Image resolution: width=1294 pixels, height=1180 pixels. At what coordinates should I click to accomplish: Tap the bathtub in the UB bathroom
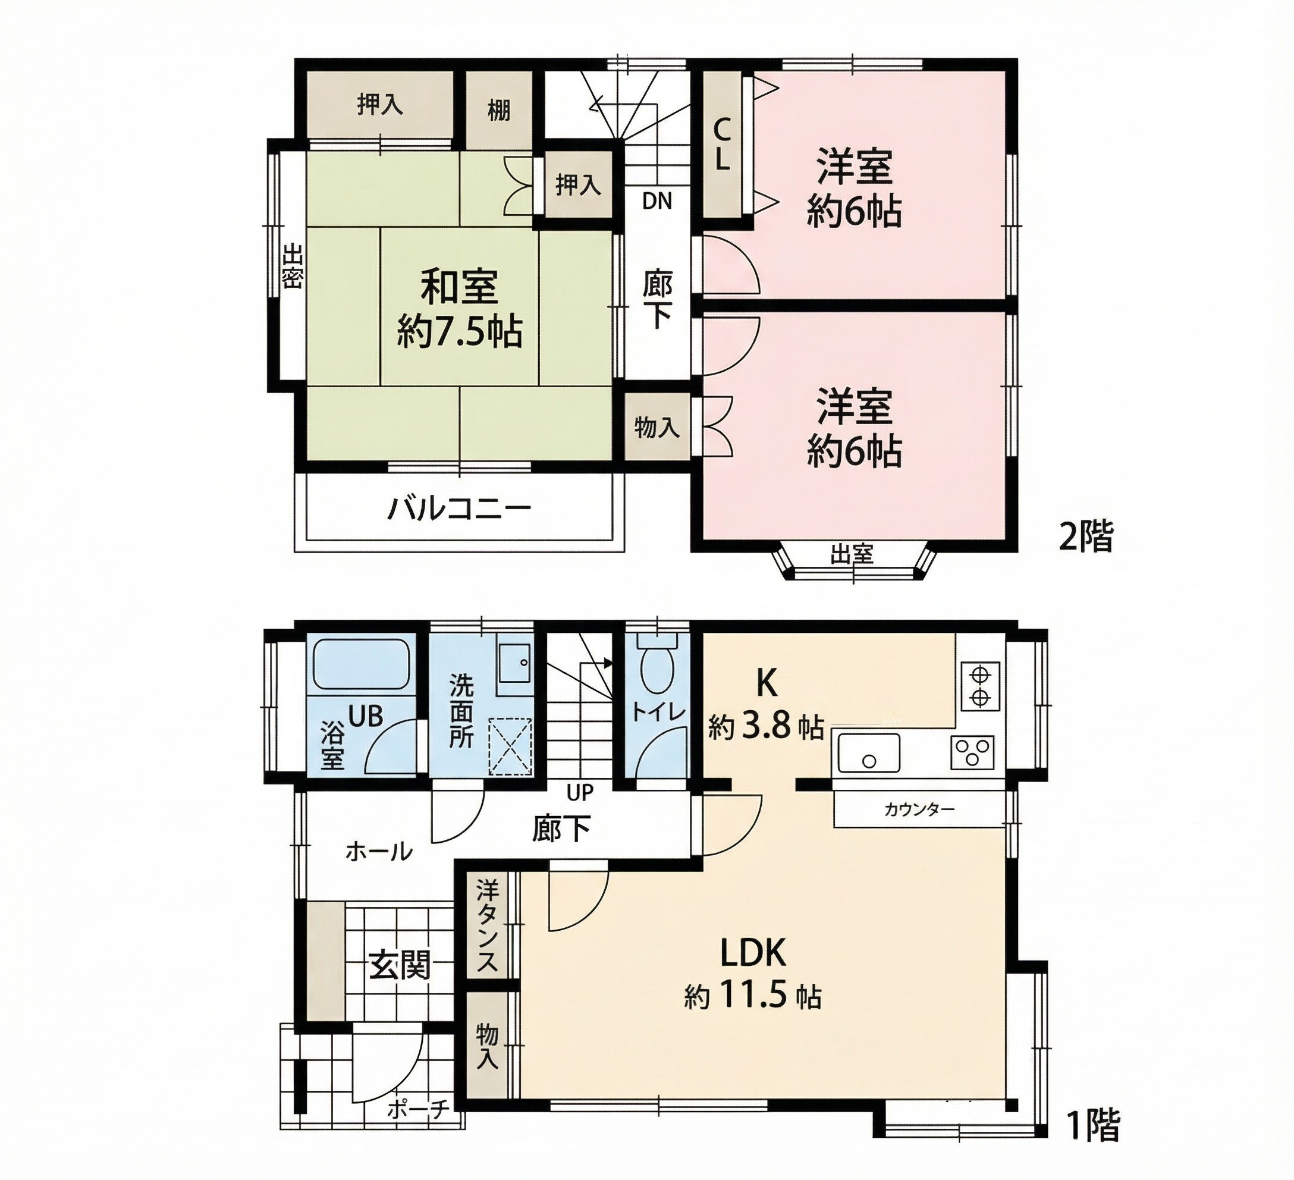(x=362, y=663)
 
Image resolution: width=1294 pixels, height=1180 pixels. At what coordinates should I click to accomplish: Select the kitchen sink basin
(x=869, y=753)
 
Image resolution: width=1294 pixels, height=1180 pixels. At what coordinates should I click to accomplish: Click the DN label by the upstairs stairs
(x=657, y=202)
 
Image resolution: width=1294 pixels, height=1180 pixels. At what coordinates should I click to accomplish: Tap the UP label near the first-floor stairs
(x=580, y=793)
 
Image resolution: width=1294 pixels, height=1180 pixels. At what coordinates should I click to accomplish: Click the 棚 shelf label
(x=499, y=111)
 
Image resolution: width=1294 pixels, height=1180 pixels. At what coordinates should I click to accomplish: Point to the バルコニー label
(x=460, y=510)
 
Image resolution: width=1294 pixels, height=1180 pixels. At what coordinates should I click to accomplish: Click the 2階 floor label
(x=1086, y=536)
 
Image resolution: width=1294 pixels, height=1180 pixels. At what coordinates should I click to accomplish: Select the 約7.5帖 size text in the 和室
(x=460, y=332)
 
